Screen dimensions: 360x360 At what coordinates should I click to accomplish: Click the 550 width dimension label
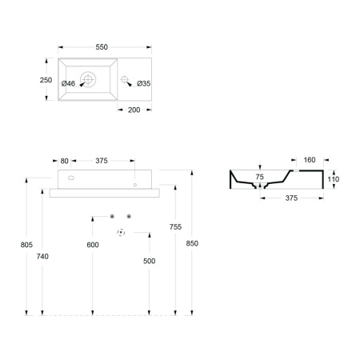102,47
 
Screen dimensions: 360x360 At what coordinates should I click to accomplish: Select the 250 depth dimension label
46,80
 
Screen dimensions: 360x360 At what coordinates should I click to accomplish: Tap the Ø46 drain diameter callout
68,84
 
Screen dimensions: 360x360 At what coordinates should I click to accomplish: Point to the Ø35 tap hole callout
144,84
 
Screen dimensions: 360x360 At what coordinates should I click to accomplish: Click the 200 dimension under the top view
134,110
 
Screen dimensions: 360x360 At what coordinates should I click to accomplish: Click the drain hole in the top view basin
88,79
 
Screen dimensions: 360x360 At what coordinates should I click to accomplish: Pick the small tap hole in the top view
124,79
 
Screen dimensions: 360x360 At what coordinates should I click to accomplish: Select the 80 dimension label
64,161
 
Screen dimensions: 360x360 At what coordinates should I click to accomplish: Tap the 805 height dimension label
26,245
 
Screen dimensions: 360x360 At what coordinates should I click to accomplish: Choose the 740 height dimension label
42,256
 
